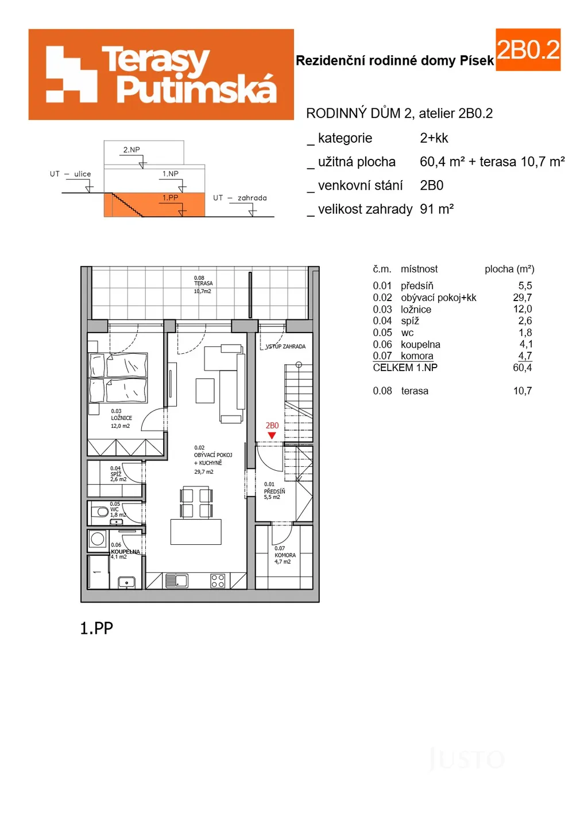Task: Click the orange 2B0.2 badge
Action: tap(528, 50)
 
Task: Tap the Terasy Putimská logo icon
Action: tap(71, 75)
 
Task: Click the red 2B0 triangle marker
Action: tap(272, 435)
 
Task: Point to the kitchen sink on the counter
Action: tap(176, 581)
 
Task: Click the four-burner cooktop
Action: tap(217, 581)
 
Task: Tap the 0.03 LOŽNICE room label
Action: tap(121, 418)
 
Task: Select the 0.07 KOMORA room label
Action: tap(285, 555)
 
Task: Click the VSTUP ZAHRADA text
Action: tap(285, 346)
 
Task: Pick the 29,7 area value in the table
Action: tap(523, 297)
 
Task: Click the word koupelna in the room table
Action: tap(420, 344)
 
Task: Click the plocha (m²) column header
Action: tap(509, 269)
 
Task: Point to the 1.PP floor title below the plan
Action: tap(96, 628)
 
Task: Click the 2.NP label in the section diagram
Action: tap(131, 150)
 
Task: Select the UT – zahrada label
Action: tap(239, 198)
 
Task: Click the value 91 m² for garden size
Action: tap(437, 209)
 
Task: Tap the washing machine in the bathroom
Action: tap(98, 540)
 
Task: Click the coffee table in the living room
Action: tap(205, 391)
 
